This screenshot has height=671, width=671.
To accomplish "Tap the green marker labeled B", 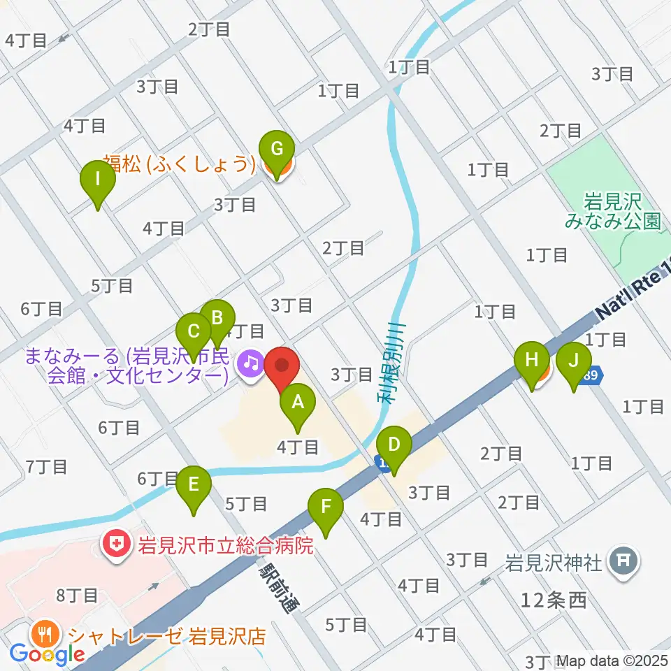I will point(217,319).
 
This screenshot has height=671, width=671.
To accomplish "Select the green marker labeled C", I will point(194,331).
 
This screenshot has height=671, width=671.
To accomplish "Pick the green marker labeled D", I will point(394,445).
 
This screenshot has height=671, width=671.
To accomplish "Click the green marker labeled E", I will point(194,484).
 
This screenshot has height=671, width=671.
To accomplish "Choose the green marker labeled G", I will point(277,150).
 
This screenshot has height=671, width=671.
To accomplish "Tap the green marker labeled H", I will point(532,361).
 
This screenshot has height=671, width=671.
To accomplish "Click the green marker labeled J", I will point(575,361).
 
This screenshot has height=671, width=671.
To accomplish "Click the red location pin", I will point(282,366).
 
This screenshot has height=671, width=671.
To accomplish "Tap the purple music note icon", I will point(250,362).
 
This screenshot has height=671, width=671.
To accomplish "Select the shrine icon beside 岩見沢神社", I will point(621,561).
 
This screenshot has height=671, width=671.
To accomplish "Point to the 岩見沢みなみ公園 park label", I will point(614,212).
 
